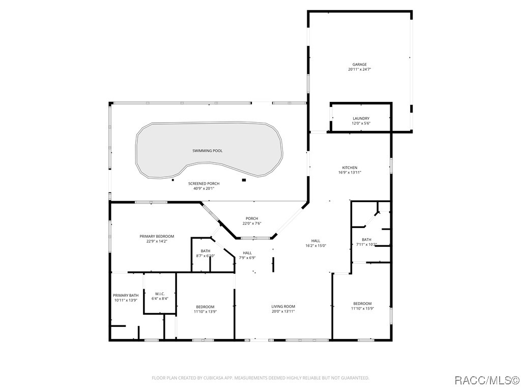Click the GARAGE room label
pos(359,65)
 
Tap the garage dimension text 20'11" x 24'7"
pos(359,69)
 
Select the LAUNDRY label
pos(361,119)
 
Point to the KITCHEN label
pos(349,167)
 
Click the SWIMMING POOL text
pos(207,151)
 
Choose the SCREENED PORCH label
pos(204,183)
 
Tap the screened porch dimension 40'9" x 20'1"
pos(204,188)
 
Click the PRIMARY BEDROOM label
pos(157,236)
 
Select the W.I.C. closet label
pos(160,294)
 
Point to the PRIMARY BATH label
pos(126,295)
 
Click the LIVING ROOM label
pos(283,306)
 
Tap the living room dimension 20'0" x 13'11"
pos(283,311)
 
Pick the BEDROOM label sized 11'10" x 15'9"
pos(362,303)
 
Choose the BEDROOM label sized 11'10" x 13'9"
pos(205,306)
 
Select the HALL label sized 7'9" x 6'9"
pos(247,253)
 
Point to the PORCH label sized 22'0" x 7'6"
pos(251,218)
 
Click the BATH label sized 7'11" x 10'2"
pos(366,239)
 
